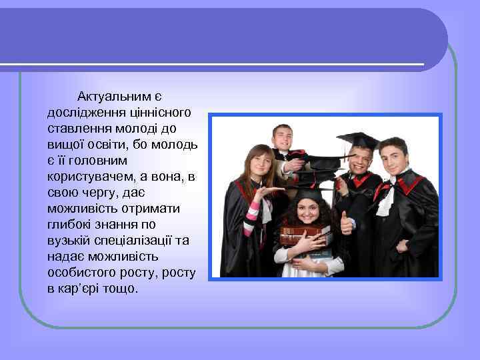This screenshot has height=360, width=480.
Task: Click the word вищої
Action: point(65,143)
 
